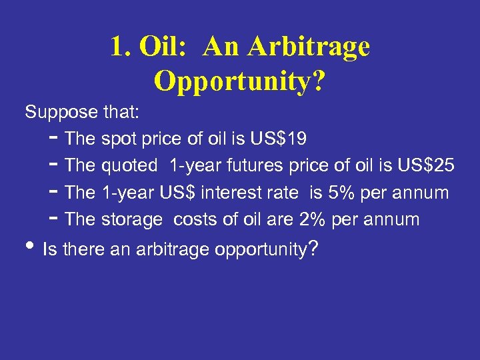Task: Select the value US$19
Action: (x=279, y=139)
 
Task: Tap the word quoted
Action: (x=129, y=166)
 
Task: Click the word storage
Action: (x=132, y=219)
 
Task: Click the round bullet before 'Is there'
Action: (x=30, y=249)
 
